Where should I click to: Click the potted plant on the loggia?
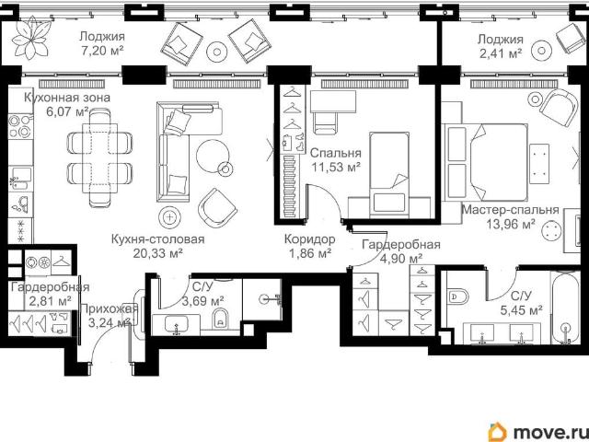click(30, 38)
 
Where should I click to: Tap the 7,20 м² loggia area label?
click(102, 51)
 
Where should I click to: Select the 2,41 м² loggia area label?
click(501, 53)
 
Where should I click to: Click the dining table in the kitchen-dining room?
click(100, 157)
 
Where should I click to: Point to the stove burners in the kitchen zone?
click(20, 126)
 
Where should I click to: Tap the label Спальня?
click(336, 153)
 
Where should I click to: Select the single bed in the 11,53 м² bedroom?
click(389, 174)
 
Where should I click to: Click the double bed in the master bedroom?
click(487, 162)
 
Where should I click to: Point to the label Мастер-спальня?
click(510, 209)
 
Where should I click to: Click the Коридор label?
click(309, 239)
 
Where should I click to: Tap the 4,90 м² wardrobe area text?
click(401, 259)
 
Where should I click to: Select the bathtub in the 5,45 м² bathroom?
click(565, 307)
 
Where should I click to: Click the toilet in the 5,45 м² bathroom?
click(458, 297)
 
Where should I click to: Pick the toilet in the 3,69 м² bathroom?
click(220, 320)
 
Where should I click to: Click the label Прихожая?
click(110, 309)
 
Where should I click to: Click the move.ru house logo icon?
click(498, 432)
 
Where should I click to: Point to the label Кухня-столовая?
click(157, 239)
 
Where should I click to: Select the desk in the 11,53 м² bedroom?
click(333, 101)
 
